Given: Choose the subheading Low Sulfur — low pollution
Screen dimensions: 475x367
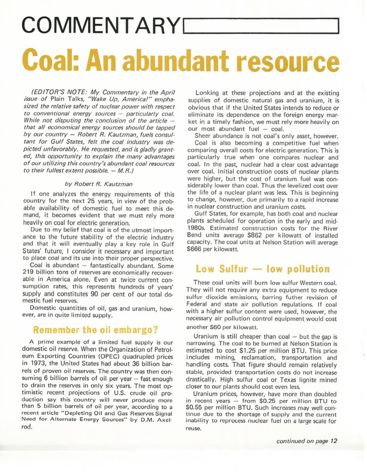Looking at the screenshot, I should (x=262, y=269).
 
